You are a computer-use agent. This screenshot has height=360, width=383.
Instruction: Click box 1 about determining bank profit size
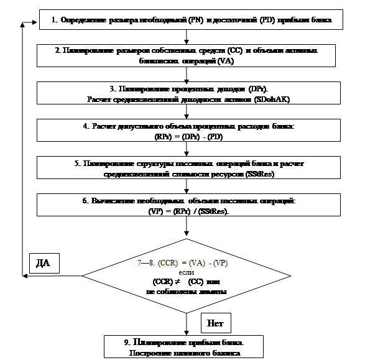(187, 21)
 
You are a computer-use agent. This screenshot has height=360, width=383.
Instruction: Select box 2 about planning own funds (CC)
(187, 55)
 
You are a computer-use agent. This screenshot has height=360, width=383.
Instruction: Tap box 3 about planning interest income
(187, 93)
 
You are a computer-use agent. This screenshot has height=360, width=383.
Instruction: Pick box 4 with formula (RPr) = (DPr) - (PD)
(187, 130)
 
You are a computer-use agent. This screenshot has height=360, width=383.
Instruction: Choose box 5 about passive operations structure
(187, 168)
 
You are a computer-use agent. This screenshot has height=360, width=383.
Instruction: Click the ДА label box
(43, 263)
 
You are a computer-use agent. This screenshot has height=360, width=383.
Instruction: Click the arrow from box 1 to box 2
(187, 37)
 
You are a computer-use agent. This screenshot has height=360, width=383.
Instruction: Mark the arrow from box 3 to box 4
(187, 112)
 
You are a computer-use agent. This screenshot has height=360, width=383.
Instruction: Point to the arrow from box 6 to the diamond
(187, 228)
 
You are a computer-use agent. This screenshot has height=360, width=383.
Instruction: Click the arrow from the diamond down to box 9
(187, 323)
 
